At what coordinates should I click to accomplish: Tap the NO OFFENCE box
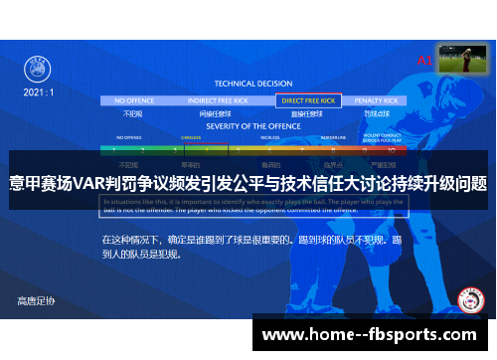pyautogui.click(x=134, y=100)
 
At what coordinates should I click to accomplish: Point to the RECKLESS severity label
pyautogui.click(x=268, y=138)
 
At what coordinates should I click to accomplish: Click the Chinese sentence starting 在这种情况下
pyautogui.click(x=249, y=247)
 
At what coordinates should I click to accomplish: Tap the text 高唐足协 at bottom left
pyautogui.click(x=37, y=299)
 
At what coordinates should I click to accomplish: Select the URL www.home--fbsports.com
pyautogui.click(x=369, y=336)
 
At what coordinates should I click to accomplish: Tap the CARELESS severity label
pyautogui.click(x=192, y=138)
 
